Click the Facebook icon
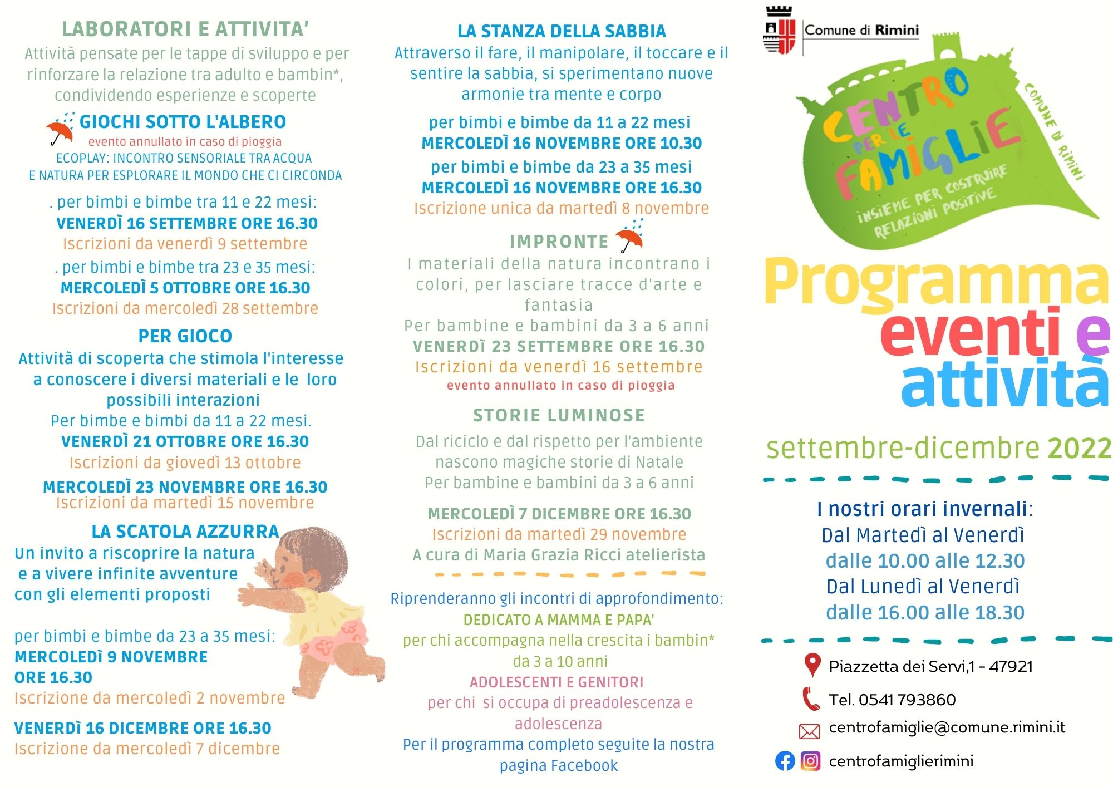coord(785,761)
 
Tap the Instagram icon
coord(810,761)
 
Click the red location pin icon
coord(812,665)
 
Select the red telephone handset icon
coord(811,699)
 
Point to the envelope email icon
coord(810,731)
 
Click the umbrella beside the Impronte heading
coord(630,237)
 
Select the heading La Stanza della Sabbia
coord(562,31)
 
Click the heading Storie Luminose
coord(559,415)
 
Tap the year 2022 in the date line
coord(1079,448)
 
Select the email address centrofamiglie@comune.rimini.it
coord(947,727)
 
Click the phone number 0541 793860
coord(907,700)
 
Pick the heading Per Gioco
coord(185,336)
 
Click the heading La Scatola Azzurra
coord(185,532)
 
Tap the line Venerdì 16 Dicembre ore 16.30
coord(143,728)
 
